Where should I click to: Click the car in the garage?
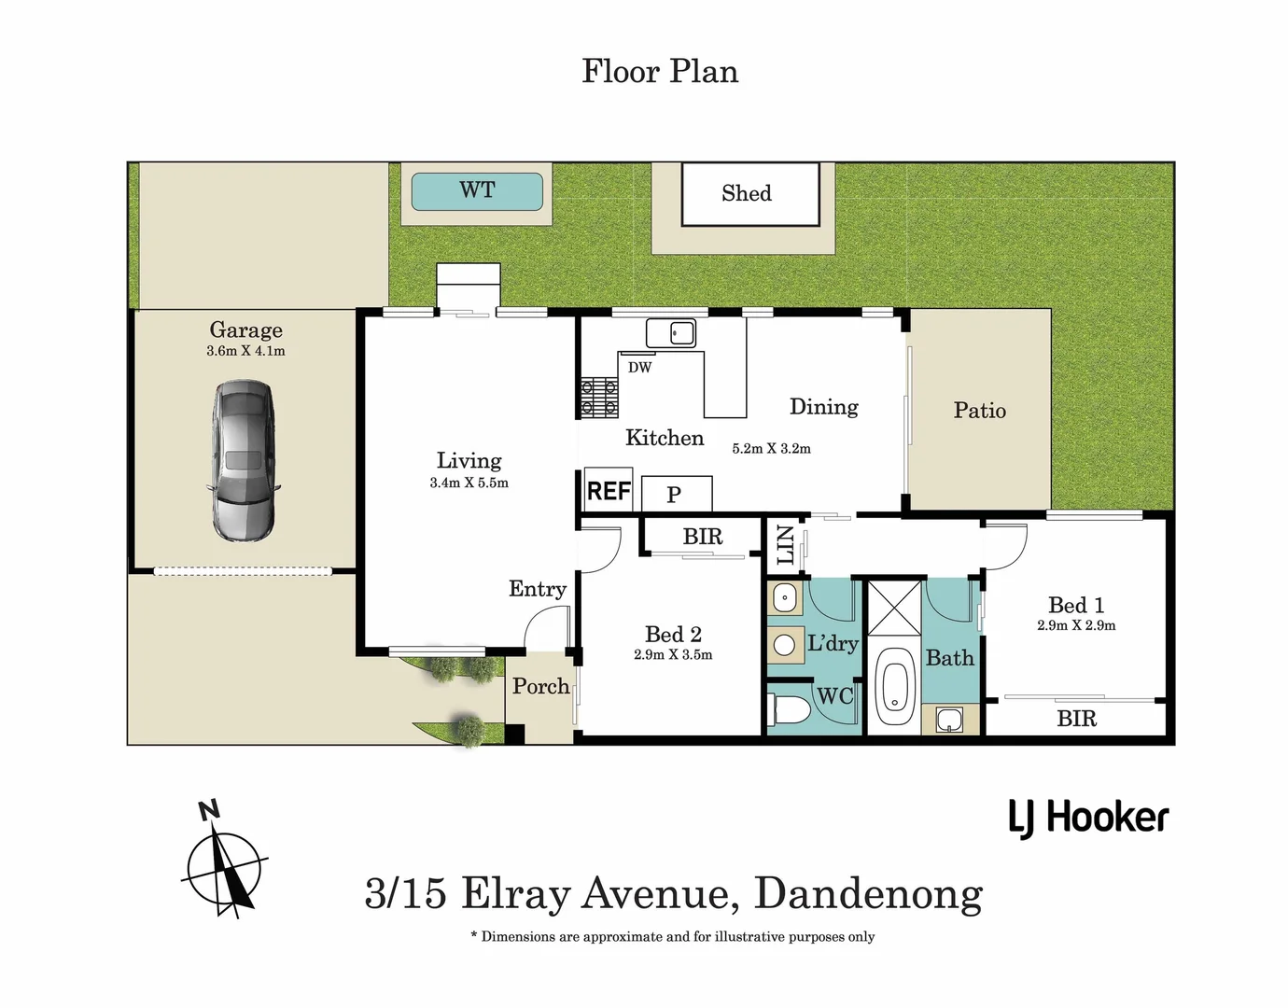pos(245,460)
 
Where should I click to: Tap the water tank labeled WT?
pos(477,191)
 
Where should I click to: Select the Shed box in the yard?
pos(749,193)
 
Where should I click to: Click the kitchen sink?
pos(671,332)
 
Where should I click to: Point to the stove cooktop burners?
pos(598,396)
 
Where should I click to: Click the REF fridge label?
pos(609,491)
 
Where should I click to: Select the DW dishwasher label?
pos(639,368)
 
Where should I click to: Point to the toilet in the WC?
pos(790,710)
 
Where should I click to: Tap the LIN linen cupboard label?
pos(785,545)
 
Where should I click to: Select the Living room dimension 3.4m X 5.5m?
pos(469,483)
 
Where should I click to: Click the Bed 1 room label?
pos(1075,605)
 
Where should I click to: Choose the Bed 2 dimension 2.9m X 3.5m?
pos(672,655)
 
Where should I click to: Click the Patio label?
pos(979,411)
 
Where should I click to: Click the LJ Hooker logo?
pos(1088,819)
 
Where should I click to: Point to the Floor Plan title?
pos(660,72)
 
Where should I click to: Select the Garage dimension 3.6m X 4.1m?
pos(245,352)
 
